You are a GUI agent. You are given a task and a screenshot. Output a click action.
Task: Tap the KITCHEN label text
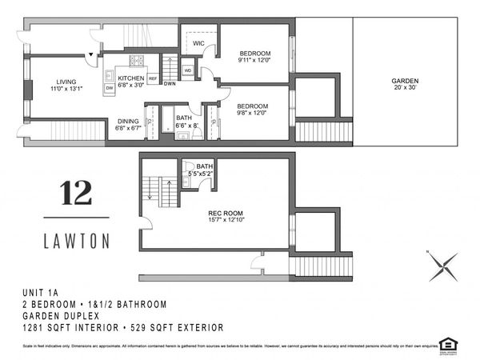click(130, 78)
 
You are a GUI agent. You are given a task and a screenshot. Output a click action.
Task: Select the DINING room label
click(127, 121)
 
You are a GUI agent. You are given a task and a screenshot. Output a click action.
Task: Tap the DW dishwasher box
click(109, 88)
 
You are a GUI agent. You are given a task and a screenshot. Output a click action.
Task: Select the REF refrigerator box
click(152, 79)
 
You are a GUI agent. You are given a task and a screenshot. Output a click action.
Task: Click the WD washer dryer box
click(188, 70)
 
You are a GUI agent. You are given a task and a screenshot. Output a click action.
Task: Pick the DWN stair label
click(170, 84)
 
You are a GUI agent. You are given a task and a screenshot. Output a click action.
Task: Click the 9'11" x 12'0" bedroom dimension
click(254, 60)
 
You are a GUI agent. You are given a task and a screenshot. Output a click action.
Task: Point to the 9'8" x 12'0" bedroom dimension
click(254, 113)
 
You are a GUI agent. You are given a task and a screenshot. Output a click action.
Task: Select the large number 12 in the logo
click(76, 193)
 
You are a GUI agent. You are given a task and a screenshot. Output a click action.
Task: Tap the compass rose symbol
click(443, 266)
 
